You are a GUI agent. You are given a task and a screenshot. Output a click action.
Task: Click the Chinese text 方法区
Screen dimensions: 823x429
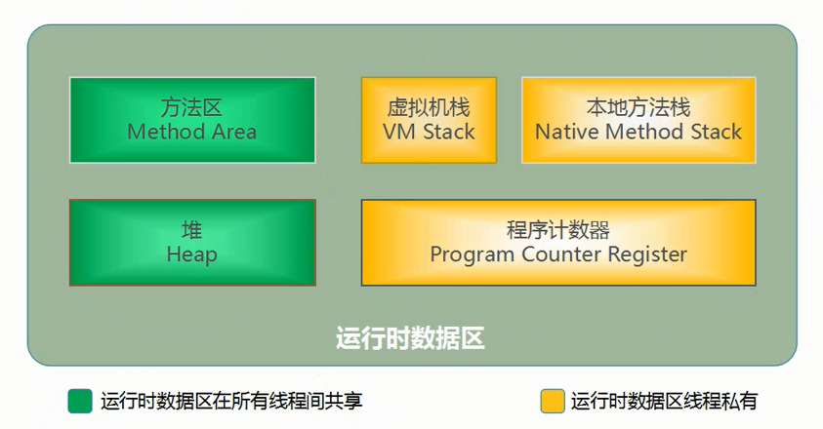191,107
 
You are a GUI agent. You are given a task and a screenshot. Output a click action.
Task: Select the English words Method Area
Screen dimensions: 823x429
191,132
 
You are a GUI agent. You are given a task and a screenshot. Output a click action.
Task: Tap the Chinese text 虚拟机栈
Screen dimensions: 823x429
429,107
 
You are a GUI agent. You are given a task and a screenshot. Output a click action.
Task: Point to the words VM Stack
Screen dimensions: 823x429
429,132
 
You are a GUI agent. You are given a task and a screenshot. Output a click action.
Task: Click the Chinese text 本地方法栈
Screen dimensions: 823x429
638,107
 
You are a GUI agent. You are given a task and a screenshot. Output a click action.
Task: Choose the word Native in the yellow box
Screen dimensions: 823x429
567,132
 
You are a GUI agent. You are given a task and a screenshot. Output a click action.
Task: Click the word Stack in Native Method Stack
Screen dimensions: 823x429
716,132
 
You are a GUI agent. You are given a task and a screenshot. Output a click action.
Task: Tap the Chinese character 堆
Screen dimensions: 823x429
191,230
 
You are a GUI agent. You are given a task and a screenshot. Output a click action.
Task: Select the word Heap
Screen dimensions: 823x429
191,254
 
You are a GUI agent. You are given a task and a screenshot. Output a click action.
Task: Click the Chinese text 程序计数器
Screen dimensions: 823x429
557,230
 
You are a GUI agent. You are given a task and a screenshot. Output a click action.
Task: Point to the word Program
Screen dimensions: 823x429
473,255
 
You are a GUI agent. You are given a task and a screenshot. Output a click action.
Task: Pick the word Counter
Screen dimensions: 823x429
561,254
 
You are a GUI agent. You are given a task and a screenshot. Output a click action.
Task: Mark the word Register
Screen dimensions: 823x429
647,255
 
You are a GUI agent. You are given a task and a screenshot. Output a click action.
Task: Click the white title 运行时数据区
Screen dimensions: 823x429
410,338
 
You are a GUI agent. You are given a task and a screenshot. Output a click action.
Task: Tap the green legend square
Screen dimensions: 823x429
80,401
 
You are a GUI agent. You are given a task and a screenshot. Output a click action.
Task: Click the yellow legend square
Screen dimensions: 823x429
553,401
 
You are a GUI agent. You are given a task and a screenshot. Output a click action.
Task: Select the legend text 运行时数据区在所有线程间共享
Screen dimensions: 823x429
231,401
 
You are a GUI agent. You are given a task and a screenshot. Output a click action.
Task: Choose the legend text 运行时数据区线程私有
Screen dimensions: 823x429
664,401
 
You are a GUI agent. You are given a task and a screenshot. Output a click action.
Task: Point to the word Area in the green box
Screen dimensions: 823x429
233,132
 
